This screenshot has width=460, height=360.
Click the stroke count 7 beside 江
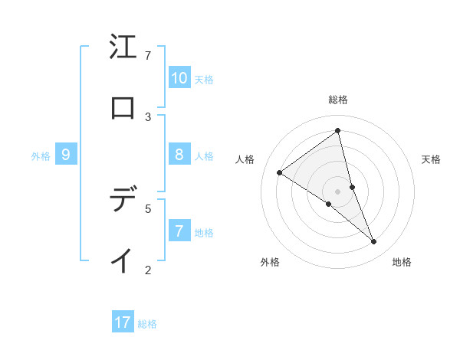(148, 56)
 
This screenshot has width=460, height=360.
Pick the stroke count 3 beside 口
(148, 116)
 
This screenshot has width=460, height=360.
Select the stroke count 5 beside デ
(148, 208)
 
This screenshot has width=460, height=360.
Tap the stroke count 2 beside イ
(148, 269)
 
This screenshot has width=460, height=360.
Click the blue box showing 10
(179, 78)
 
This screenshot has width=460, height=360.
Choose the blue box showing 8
(179, 155)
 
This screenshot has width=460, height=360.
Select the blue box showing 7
(179, 231)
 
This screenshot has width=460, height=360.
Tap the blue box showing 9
(66, 155)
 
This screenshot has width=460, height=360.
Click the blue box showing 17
(123, 322)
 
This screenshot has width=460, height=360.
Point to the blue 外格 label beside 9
(41, 156)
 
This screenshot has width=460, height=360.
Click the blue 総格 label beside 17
(147, 324)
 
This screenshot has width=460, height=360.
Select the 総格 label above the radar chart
(338, 100)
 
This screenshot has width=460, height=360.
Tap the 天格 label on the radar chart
(432, 159)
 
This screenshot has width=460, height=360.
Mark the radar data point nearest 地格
(374, 242)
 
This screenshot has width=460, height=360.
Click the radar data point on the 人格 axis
(280, 172)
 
